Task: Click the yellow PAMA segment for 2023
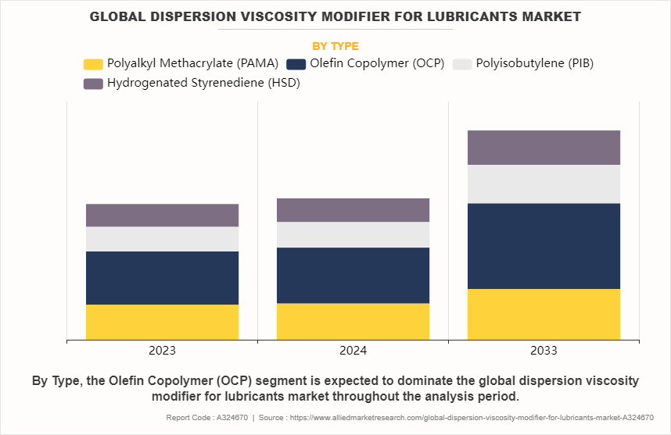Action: [x=162, y=322]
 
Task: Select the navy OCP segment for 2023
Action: [x=162, y=277]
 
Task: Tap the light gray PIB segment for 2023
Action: [x=162, y=239]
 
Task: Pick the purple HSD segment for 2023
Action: [x=162, y=216]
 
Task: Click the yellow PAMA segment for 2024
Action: [x=353, y=321]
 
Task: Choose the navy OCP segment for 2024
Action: [x=353, y=275]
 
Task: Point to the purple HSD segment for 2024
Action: [x=353, y=210]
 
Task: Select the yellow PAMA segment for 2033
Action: [x=544, y=314]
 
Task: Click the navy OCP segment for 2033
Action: [x=544, y=246]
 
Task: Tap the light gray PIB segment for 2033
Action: [x=544, y=184]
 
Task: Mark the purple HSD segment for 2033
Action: [x=544, y=148]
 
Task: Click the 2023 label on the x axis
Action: [x=162, y=351]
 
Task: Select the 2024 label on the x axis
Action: [x=353, y=351]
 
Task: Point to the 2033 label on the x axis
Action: [x=544, y=351]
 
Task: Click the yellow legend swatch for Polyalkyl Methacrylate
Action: [x=93, y=64]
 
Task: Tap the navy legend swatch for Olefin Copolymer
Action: [x=296, y=64]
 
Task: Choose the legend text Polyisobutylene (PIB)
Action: [x=534, y=64]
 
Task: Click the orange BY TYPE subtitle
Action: [x=335, y=46]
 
